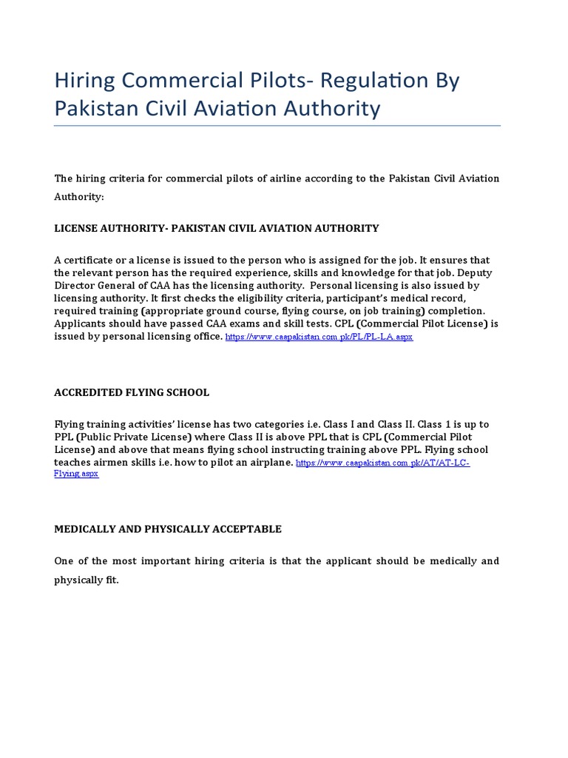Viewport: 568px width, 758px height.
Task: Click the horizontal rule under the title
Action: click(x=277, y=125)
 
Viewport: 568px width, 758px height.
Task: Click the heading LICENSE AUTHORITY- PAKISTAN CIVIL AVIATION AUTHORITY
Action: click(x=216, y=228)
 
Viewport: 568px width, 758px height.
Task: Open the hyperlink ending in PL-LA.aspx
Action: click(x=319, y=337)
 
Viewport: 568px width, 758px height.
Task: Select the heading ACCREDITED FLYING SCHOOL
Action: click(x=132, y=392)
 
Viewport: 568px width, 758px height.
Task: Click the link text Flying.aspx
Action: click(x=76, y=474)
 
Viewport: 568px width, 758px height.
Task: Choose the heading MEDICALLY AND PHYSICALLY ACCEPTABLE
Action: click(x=167, y=529)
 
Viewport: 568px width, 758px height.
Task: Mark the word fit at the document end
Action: click(x=111, y=580)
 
